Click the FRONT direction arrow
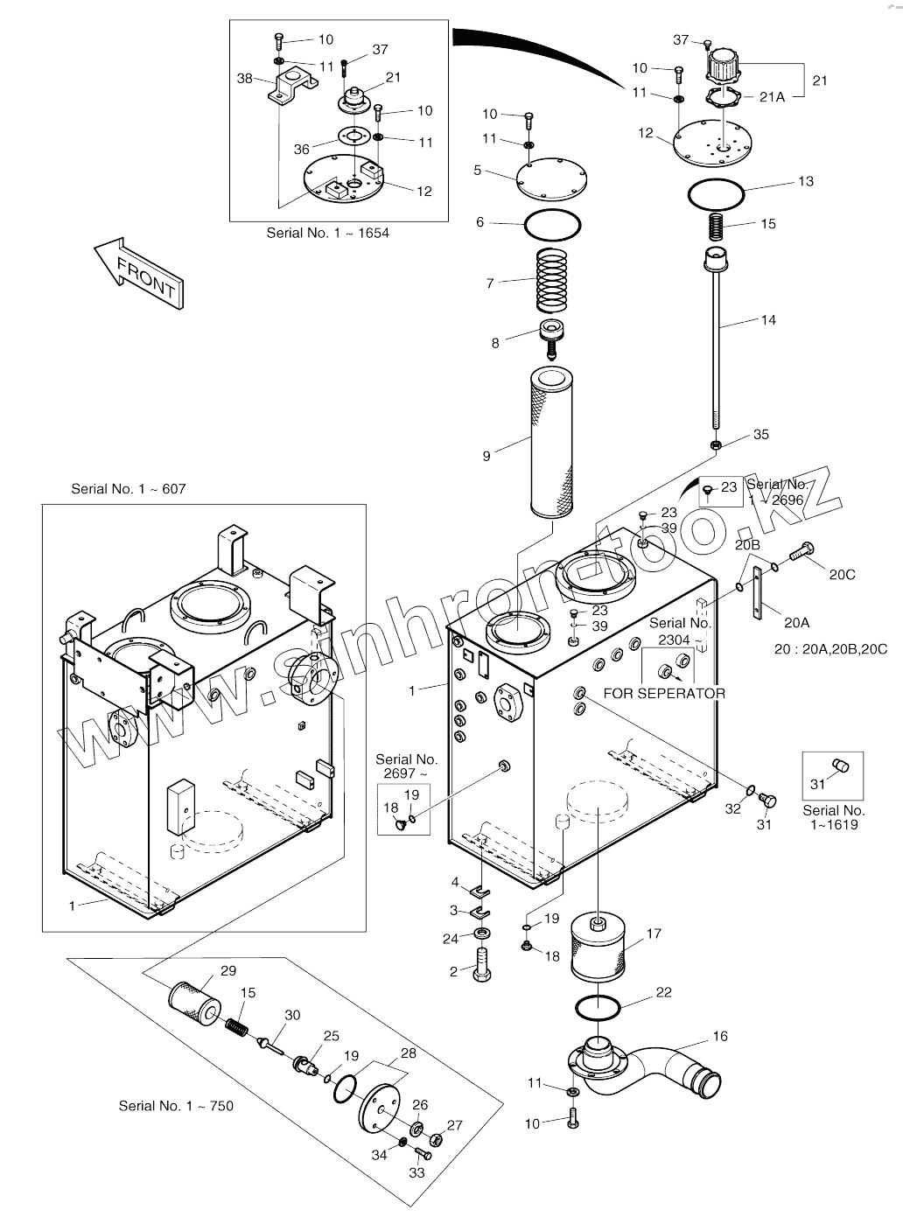[x=139, y=271]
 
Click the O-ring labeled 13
[x=715, y=194]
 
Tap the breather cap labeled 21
[x=723, y=66]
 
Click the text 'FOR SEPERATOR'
[x=664, y=694]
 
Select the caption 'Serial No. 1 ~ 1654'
[x=327, y=233]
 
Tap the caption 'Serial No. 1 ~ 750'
[x=176, y=1106]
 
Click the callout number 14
[x=767, y=320]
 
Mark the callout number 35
[x=760, y=435]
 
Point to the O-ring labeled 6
[x=552, y=224]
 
